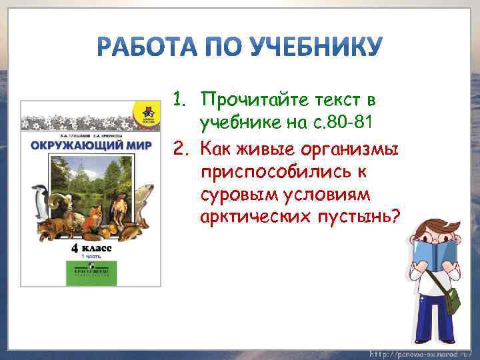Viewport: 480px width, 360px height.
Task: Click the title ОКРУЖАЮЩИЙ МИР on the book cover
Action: tap(90, 145)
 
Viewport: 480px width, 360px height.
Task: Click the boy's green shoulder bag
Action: tap(451, 300)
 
